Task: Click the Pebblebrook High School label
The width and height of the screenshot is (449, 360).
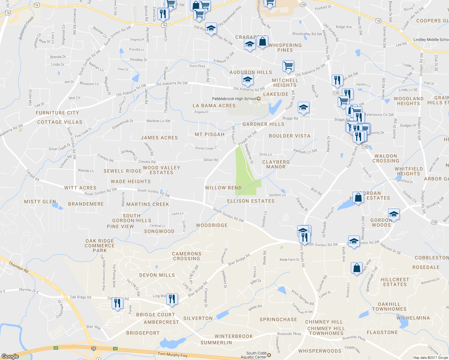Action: click(x=234, y=99)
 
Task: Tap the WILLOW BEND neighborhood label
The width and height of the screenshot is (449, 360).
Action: click(x=223, y=188)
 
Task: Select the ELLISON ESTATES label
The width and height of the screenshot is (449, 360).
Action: click(x=251, y=201)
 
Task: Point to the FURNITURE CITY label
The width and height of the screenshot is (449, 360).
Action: click(x=57, y=113)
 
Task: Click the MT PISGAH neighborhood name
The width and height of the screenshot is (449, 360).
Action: click(x=209, y=134)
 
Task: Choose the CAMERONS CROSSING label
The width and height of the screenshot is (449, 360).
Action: click(x=186, y=256)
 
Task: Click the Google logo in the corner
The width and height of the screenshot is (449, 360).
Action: click(x=10, y=356)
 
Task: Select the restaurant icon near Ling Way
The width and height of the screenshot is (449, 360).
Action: click(x=172, y=299)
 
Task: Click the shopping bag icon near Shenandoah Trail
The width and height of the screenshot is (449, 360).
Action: click(x=357, y=268)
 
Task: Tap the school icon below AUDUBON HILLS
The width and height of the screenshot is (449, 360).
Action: click(x=248, y=80)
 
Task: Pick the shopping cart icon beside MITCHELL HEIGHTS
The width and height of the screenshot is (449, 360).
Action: click(x=288, y=66)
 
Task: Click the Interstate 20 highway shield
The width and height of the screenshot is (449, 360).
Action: click(x=94, y=348)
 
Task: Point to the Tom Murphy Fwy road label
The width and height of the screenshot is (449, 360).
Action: click(x=173, y=355)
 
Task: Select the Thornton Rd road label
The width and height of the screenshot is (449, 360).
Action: click(x=19, y=267)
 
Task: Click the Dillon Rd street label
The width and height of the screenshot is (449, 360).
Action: click(x=211, y=160)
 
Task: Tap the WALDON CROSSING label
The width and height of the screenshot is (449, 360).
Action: click(x=386, y=158)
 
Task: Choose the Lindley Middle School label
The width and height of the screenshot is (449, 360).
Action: click(x=431, y=40)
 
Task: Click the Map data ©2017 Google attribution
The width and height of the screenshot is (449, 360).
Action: click(x=430, y=358)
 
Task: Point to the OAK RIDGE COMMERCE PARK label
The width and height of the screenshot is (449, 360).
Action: click(x=100, y=246)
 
